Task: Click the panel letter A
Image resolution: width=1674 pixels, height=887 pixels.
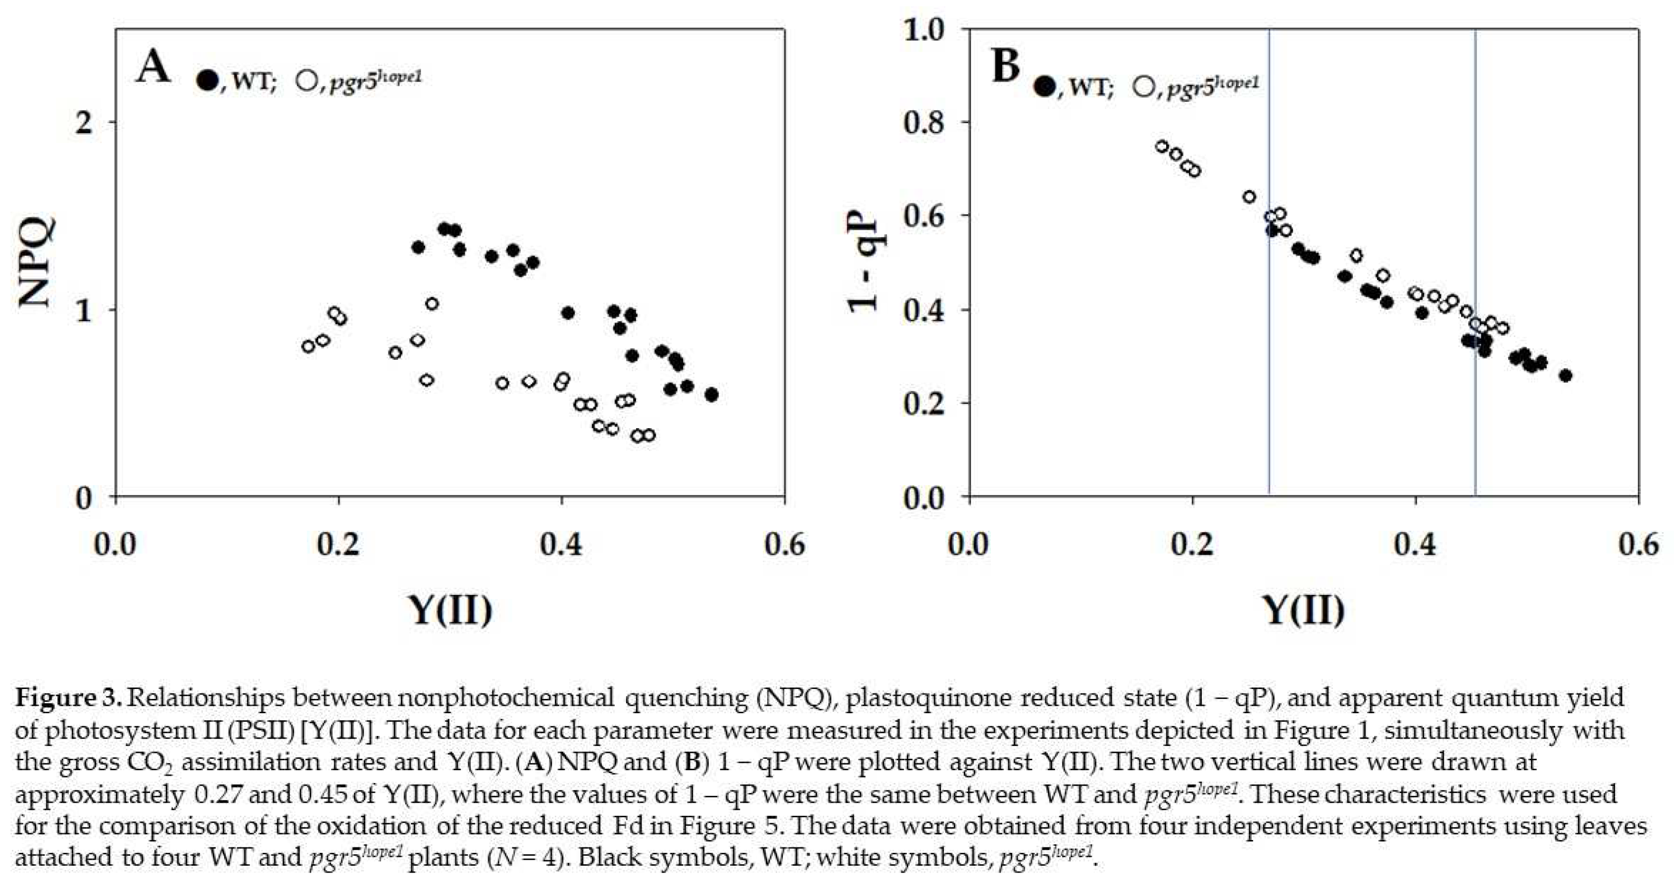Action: click(153, 68)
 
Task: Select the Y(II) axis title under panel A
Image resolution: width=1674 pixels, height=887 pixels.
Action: click(450, 609)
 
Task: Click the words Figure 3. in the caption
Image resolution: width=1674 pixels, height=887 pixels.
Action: click(68, 698)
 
